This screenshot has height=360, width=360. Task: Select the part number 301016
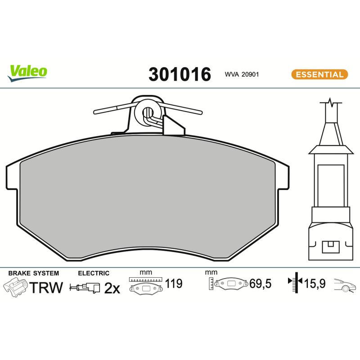click(180, 74)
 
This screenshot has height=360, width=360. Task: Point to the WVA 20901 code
click(242, 74)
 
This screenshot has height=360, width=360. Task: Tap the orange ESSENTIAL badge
click(319, 74)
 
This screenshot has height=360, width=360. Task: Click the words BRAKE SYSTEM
click(33, 273)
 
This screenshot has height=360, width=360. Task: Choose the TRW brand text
click(46, 288)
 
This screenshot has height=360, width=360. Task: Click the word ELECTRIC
click(94, 273)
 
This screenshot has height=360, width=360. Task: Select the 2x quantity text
click(112, 288)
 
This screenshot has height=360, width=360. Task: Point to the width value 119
click(174, 283)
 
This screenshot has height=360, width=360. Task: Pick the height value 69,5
click(261, 283)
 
